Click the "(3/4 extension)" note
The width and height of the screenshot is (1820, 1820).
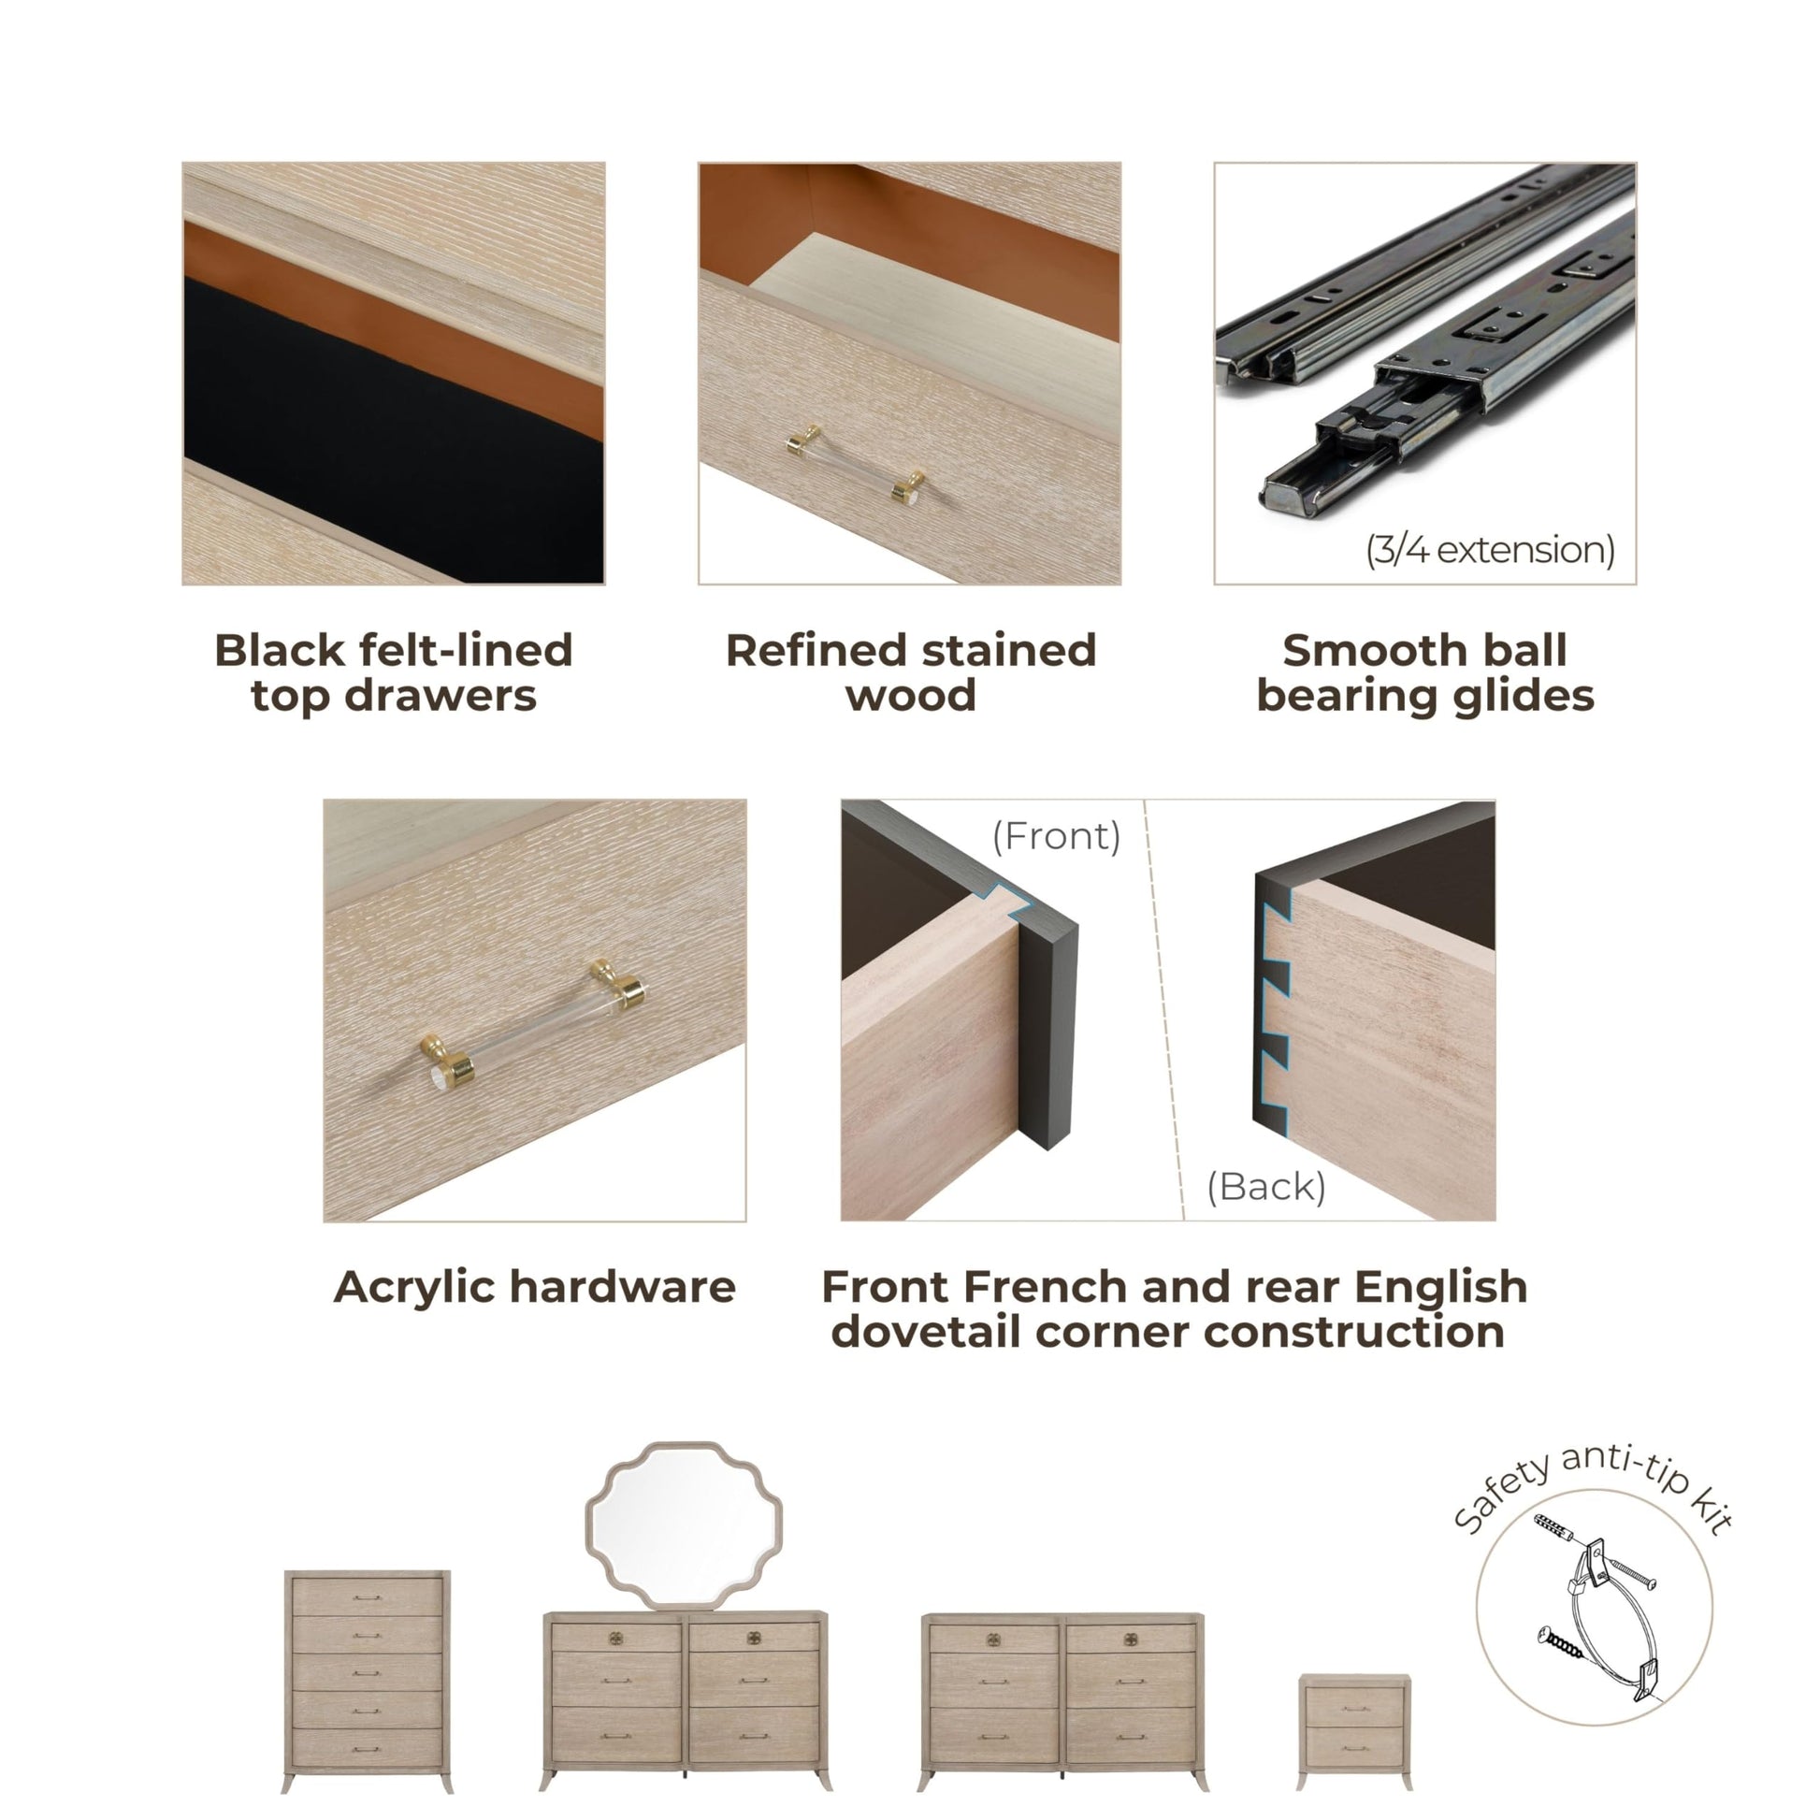1490,549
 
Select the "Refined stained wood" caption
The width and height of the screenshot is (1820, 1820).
911,672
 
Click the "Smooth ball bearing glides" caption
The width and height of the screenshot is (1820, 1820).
1425,672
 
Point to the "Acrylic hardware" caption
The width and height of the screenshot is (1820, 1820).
535,1287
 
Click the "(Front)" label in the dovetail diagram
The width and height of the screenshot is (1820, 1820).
1057,835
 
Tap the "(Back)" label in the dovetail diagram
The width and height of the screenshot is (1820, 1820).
1267,1187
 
